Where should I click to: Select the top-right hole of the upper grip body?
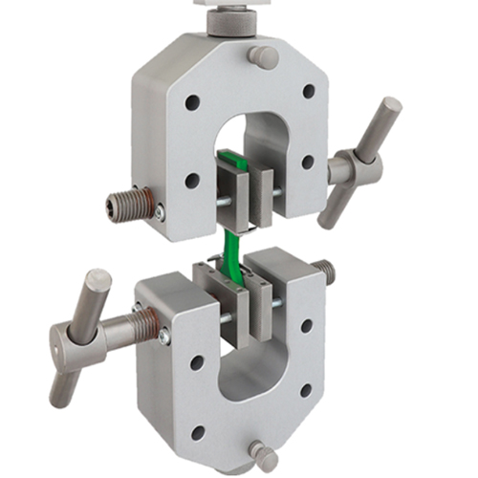coord(309,92)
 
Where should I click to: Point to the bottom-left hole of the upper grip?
coord(192,180)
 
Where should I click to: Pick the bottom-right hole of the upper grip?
coord(308,162)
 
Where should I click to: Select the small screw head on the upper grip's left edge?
coord(159,212)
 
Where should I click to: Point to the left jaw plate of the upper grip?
coord(228,191)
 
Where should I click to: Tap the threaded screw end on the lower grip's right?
coord(325,273)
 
